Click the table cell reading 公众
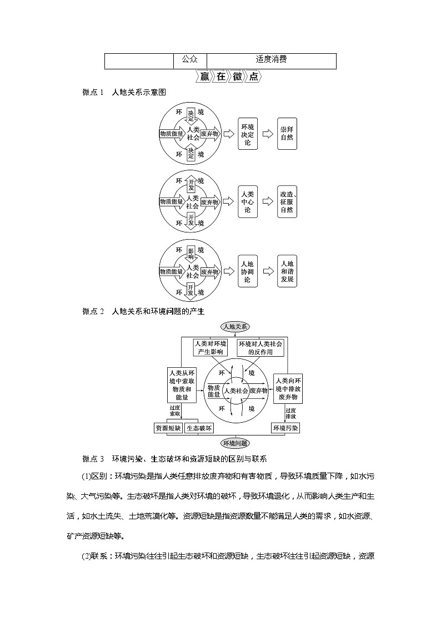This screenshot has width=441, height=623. pos(189,60)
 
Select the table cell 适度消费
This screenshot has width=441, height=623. pos(271,60)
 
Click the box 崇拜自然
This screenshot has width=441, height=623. pos(287,134)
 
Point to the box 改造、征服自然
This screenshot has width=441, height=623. pos(287,202)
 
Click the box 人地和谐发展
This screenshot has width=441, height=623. pos(287,272)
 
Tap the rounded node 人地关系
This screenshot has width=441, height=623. pos(235,326)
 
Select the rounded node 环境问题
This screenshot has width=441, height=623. pos(235,443)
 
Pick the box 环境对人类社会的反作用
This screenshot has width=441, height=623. pos(260,348)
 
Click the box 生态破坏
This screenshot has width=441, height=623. pos(199,428)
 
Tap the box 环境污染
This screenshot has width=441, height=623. pos(286,428)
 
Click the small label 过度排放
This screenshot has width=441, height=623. pos(290,413)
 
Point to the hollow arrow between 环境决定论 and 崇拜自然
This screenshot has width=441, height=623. pos(268,134)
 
